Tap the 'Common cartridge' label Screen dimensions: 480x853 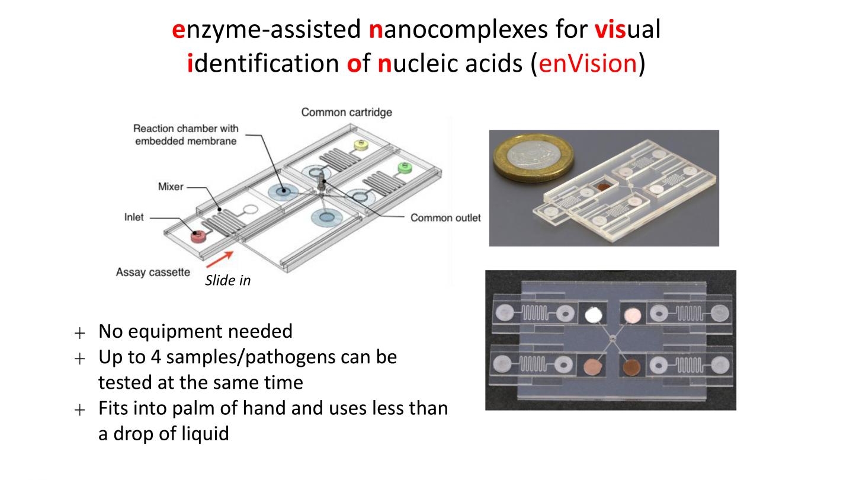[347, 112]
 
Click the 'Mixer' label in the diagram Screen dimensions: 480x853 [171, 187]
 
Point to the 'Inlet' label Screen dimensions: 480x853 [134, 217]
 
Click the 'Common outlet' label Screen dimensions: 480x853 [445, 217]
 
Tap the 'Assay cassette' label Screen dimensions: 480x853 [153, 273]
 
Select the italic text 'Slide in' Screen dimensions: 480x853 [227, 281]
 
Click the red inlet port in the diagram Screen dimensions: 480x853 [196, 237]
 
